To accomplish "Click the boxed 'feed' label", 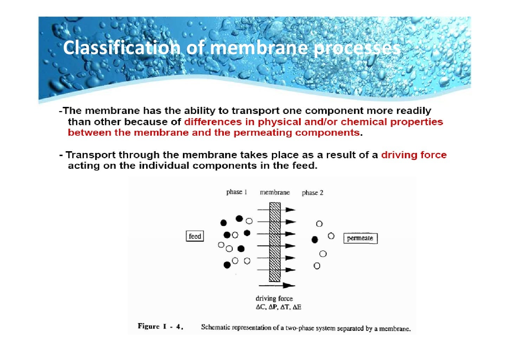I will pyautogui.click(x=195, y=236).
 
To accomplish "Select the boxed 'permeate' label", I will pyautogui.click(x=360, y=238).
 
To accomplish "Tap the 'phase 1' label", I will pyautogui.click(x=236, y=192).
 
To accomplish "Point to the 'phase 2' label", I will pyautogui.click(x=312, y=193).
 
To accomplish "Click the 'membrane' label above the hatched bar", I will pyautogui.click(x=275, y=192).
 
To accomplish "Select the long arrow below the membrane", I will pyautogui.click(x=277, y=285).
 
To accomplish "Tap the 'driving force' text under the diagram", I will pyautogui.click(x=274, y=298).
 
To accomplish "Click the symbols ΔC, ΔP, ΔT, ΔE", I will pyautogui.click(x=278, y=307).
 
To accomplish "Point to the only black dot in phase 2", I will pyautogui.click(x=315, y=240).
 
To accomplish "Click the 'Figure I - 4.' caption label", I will pyautogui.click(x=161, y=326).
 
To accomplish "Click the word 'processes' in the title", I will pyautogui.click(x=357, y=48).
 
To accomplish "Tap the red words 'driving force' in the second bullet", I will pyautogui.click(x=414, y=155).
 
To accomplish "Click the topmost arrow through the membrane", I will pyautogui.click(x=276, y=210).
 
